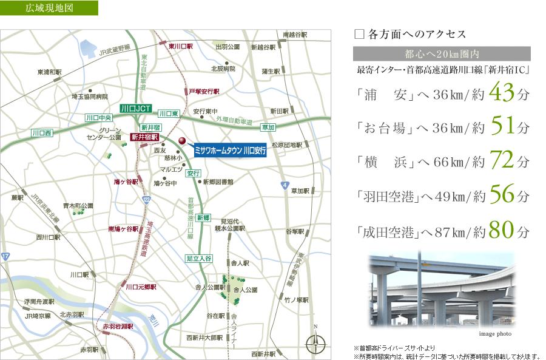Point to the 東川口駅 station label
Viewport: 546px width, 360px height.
coord(180,46)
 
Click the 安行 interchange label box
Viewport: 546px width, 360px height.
coord(194,173)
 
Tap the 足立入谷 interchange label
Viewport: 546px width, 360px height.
coord(198,259)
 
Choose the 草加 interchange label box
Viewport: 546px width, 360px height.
coord(268,127)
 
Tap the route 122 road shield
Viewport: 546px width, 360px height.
coord(146,200)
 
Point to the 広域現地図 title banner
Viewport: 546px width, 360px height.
coord(50,9)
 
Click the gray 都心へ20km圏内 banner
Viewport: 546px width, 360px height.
coord(441,53)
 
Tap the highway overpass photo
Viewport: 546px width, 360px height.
coord(442,290)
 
